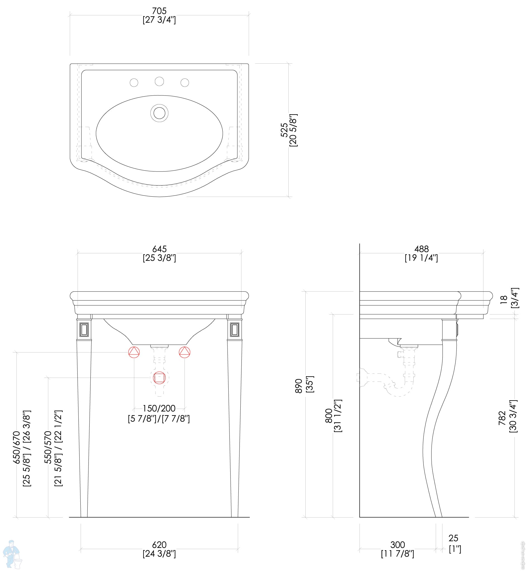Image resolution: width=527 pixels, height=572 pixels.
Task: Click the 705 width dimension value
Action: pyautogui.click(x=159, y=11)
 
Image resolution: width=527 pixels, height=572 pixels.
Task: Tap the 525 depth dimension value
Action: pyautogui.click(x=284, y=130)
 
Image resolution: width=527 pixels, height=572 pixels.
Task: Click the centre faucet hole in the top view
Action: pyautogui.click(x=159, y=81)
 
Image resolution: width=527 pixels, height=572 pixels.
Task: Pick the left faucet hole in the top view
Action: pyautogui.click(x=134, y=83)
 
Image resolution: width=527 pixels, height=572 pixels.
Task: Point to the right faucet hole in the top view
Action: pyautogui.click(x=185, y=83)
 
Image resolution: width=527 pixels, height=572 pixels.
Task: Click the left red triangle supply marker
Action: pyautogui.click(x=134, y=352)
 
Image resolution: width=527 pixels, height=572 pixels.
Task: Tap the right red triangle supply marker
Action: pyautogui.click(x=185, y=352)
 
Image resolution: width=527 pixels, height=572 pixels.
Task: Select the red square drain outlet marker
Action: pyautogui.click(x=159, y=378)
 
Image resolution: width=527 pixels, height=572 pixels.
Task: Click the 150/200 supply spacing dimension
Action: pyautogui.click(x=159, y=408)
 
